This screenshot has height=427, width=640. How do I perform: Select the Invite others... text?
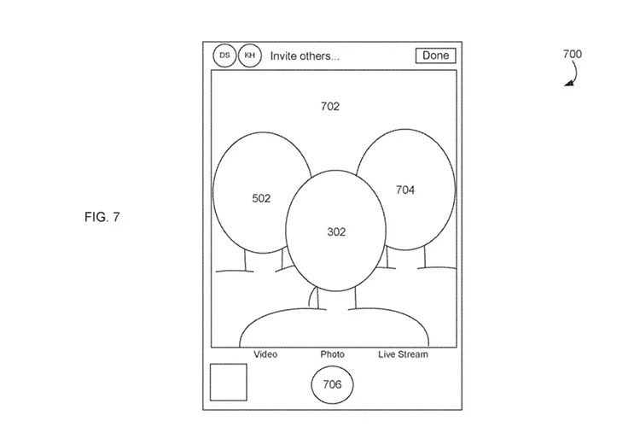[305, 56]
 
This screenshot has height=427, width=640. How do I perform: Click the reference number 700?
[573, 54]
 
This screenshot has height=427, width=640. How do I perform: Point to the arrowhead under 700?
[568, 84]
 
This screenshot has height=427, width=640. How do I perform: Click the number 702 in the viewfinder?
[329, 107]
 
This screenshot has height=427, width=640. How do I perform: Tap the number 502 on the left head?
[261, 199]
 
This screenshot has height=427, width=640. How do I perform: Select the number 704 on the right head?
[404, 190]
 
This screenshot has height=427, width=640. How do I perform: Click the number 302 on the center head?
[336, 232]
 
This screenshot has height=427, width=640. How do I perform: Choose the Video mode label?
[265, 354]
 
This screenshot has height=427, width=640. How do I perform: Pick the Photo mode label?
[332, 354]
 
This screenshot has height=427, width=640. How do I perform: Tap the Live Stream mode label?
[403, 354]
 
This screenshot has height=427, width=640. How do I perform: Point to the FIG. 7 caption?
[102, 217]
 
